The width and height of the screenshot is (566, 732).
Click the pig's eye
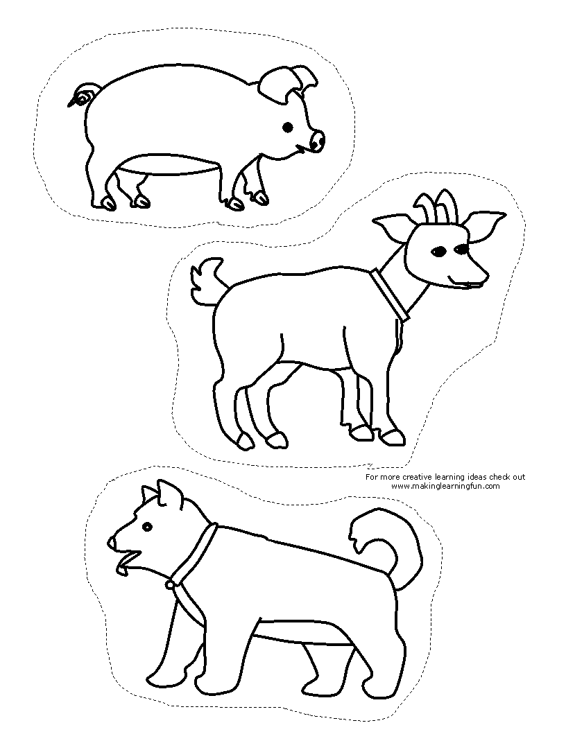coord(288,127)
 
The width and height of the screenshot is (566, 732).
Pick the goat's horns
coord(434,204)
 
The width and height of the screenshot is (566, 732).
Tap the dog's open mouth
coord(126,561)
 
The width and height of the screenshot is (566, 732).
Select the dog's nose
coord(112,543)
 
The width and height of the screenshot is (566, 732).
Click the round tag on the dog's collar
coord(170,584)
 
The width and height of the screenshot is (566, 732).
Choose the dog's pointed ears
coord(158,493)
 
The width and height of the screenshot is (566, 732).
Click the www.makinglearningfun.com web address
coord(445,485)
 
